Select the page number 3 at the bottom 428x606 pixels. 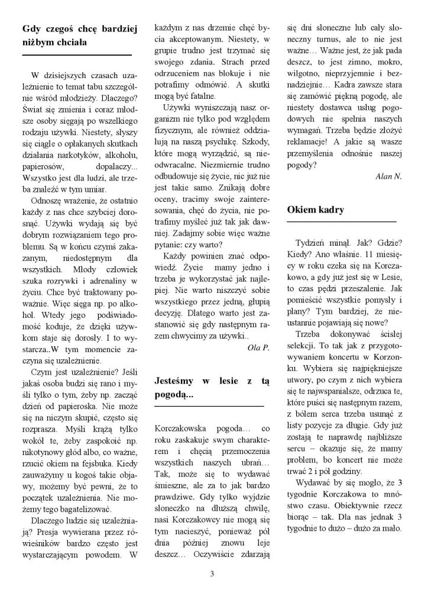point(212,573)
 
